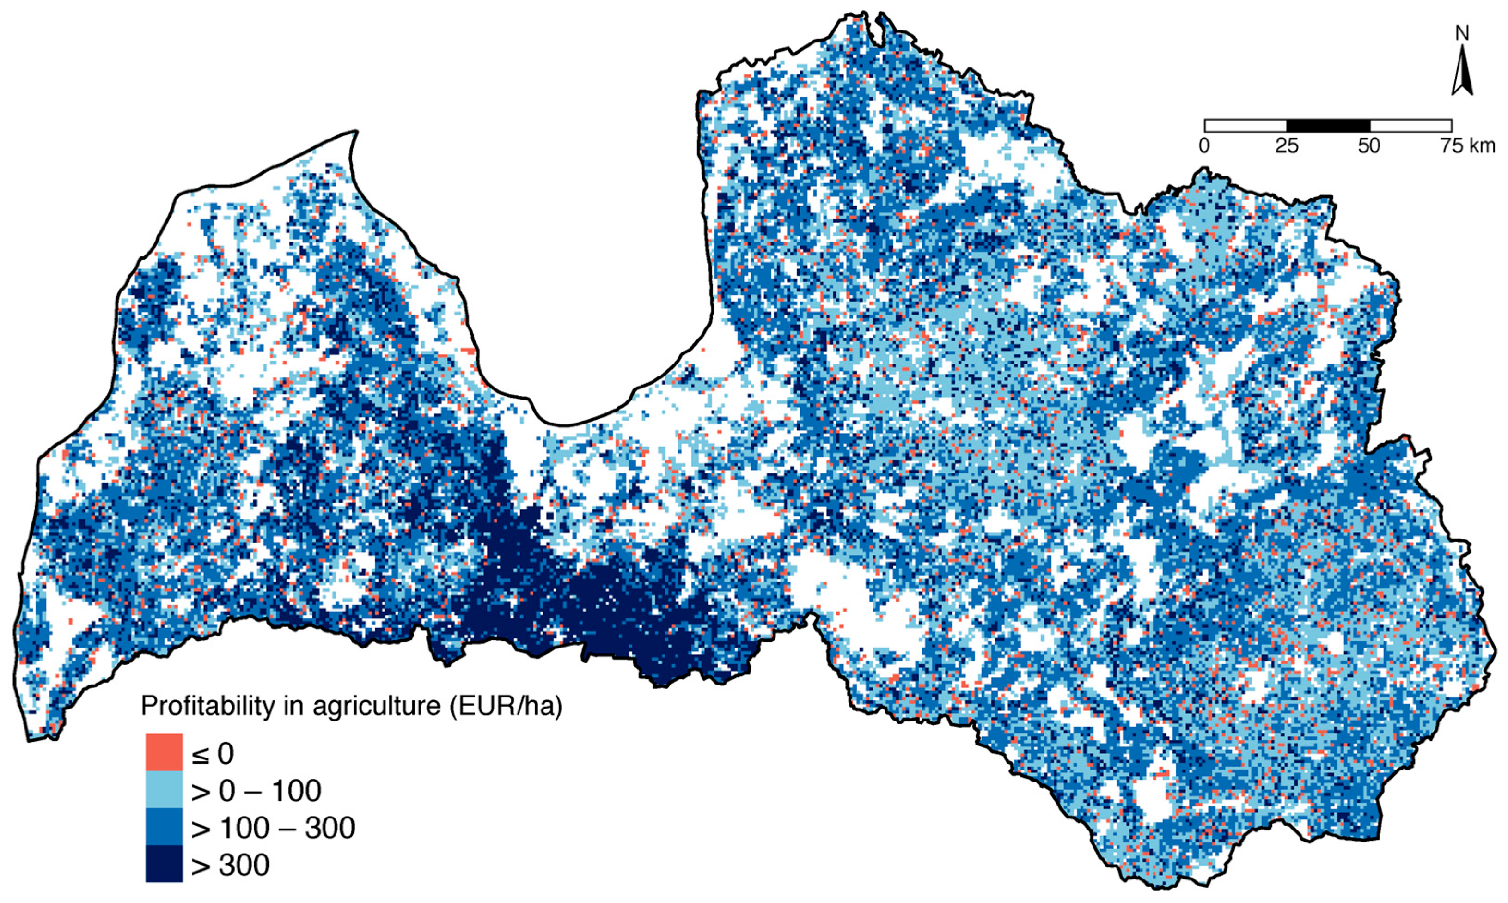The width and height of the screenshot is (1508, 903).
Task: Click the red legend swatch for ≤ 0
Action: [x=164, y=753]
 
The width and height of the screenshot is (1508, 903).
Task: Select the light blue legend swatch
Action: [x=164, y=790]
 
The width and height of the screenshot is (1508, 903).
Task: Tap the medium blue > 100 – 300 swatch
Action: [x=164, y=826]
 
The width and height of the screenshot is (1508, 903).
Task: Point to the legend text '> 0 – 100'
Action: [x=256, y=791]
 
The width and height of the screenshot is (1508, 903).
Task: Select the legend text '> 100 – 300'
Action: [x=273, y=828]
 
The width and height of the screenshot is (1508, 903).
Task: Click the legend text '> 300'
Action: [x=230, y=865]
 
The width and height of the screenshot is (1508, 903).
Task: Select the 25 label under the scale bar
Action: [x=1286, y=146]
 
